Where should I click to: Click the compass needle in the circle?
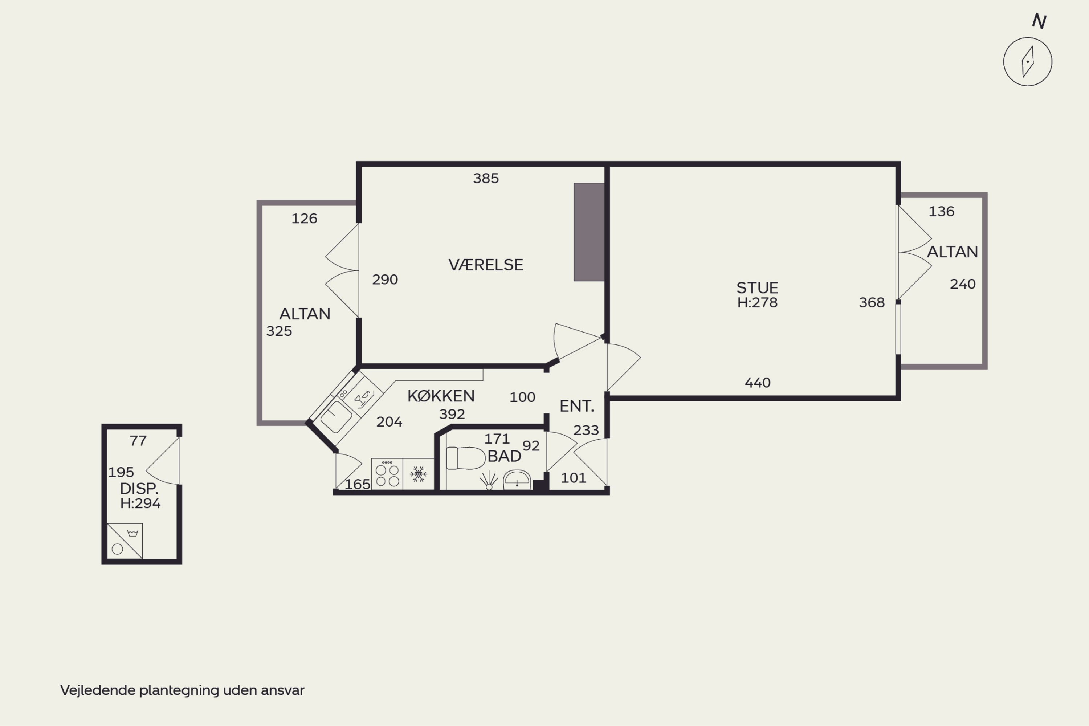(1028, 62)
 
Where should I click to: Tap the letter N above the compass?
(1039, 21)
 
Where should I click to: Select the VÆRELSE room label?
(486, 265)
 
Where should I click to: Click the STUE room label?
(758, 287)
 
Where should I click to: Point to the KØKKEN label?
(441, 396)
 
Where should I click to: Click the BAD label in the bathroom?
(504, 456)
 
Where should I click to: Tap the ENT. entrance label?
(576, 406)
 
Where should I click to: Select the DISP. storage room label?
(139, 489)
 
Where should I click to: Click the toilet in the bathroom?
(465, 458)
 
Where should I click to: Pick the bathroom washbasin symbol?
(517, 480)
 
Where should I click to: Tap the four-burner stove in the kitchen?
(387, 474)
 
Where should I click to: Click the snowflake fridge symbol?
(419, 474)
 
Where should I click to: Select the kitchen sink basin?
(336, 417)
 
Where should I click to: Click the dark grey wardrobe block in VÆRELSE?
(589, 232)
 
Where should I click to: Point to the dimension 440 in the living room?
(758, 383)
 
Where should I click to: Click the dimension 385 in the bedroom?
(486, 178)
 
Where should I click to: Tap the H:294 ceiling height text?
(140, 503)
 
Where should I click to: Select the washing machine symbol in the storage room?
(125, 541)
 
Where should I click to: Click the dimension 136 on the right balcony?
(941, 211)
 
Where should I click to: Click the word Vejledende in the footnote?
(98, 690)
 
